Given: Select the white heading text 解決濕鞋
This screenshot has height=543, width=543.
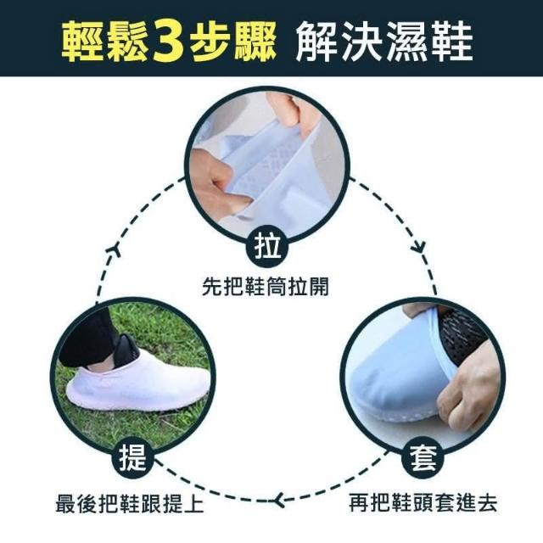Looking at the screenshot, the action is tap(384, 42).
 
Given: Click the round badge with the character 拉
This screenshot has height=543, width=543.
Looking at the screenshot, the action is tap(267, 246).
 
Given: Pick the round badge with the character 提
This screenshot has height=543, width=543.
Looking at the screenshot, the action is tap(132, 457).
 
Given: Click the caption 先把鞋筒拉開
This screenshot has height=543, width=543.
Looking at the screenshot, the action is tap(266, 287).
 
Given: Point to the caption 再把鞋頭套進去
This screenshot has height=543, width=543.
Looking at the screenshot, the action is tap(423, 502).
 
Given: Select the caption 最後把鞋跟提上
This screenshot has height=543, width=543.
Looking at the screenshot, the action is tap(130, 502).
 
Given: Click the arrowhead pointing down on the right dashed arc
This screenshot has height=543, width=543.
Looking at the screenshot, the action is tap(418, 247).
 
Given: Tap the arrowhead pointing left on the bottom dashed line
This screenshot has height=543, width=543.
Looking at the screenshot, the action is tap(279, 500).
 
